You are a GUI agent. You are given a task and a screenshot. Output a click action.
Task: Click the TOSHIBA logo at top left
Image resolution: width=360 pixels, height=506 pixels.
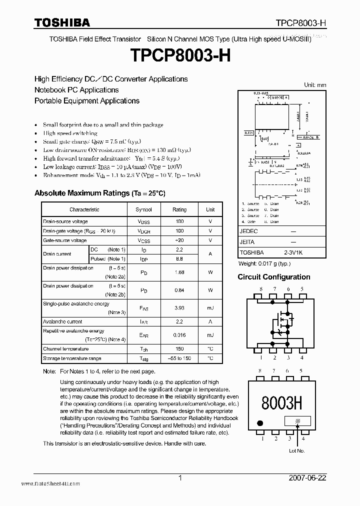coord(62,22)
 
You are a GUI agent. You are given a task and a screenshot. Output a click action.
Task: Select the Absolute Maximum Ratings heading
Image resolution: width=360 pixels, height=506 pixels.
coord(99,193)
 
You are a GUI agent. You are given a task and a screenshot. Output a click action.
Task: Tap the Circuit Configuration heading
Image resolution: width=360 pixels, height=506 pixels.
coord(273,277)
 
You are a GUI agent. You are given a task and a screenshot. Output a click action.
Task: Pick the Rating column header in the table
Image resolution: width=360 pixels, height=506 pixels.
coord(179,210)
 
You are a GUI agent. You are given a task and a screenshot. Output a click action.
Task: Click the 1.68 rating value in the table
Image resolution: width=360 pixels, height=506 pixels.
coord(179,272)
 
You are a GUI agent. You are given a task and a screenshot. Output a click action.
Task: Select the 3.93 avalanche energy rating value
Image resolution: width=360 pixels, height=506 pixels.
coord(179,308)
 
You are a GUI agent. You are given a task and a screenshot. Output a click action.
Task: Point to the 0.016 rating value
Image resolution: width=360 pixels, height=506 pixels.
coord(179,335)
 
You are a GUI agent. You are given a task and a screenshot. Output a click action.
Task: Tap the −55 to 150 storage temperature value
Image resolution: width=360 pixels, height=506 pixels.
coord(179,358)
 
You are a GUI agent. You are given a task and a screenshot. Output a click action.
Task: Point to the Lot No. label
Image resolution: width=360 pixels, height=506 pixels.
coord(297,451)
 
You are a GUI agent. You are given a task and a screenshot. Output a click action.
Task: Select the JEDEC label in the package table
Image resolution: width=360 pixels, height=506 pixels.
coord(249,231)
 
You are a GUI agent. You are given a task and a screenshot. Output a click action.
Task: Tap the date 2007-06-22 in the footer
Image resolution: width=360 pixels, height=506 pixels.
coord(307,478)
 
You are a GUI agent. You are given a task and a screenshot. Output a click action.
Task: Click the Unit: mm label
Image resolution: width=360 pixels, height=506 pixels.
coord(315,85)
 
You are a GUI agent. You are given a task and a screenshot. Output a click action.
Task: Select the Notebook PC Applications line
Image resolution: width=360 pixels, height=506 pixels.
coord(76,90)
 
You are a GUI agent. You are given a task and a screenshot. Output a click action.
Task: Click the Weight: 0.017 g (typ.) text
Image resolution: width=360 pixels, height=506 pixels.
coord(264,263)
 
